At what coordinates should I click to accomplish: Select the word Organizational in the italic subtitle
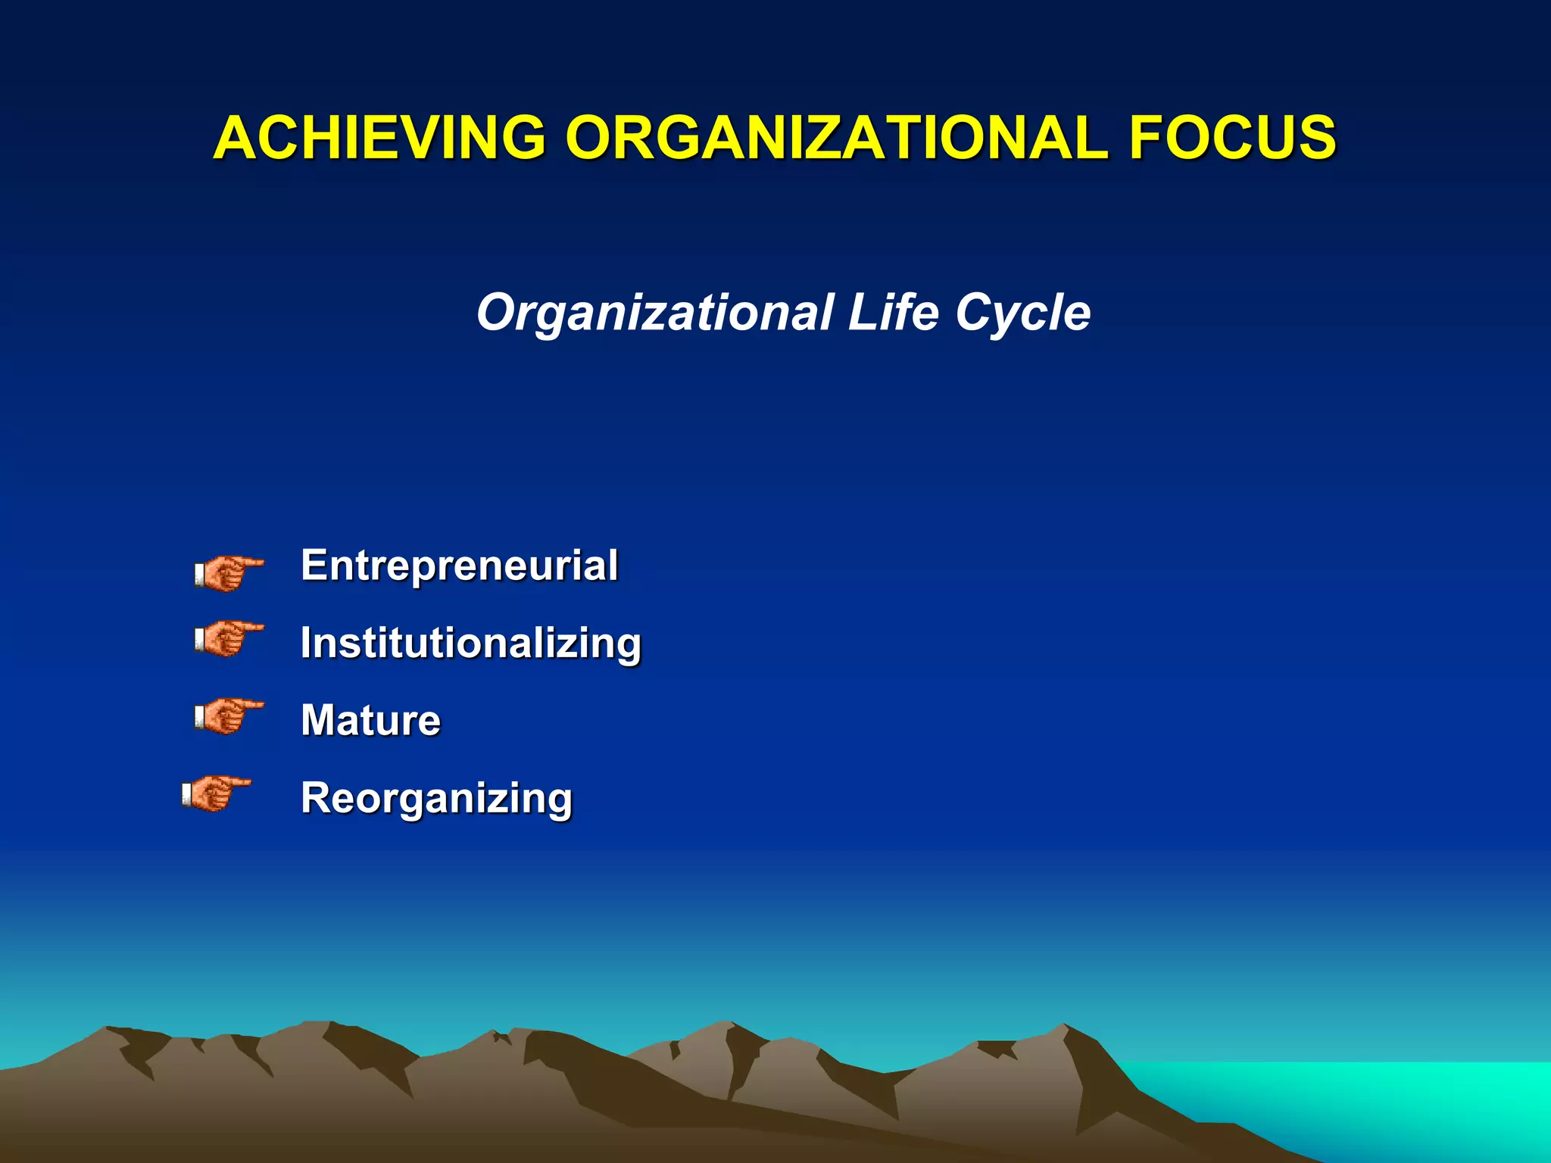coord(654,313)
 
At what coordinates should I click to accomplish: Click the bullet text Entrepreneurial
coord(459,566)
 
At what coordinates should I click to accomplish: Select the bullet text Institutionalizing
coord(470,644)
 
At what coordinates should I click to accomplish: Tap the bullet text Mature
coord(370,720)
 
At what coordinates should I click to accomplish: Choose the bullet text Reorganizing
coord(436,799)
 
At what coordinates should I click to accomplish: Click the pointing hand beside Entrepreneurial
coord(228,573)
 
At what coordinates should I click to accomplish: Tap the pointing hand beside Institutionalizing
coord(228,638)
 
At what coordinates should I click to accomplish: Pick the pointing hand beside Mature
coord(228,716)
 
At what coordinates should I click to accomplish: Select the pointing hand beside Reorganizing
coord(216,794)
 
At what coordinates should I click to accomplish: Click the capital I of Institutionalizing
coord(307,643)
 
